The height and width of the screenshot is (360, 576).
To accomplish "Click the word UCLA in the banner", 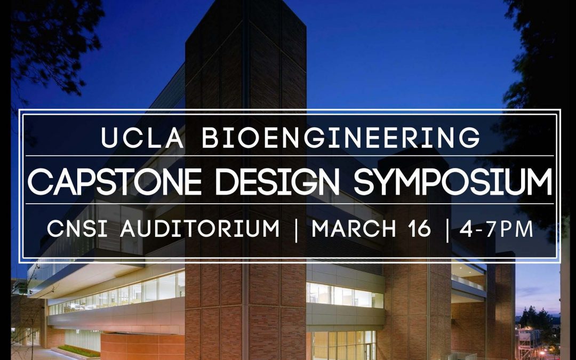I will (143, 138).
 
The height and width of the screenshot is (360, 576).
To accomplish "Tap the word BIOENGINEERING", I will (341, 138).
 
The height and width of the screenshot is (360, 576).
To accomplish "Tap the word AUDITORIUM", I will (200, 229).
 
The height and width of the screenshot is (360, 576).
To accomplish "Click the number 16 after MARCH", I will (420, 229).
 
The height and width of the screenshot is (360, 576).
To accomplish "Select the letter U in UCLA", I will (109, 138).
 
